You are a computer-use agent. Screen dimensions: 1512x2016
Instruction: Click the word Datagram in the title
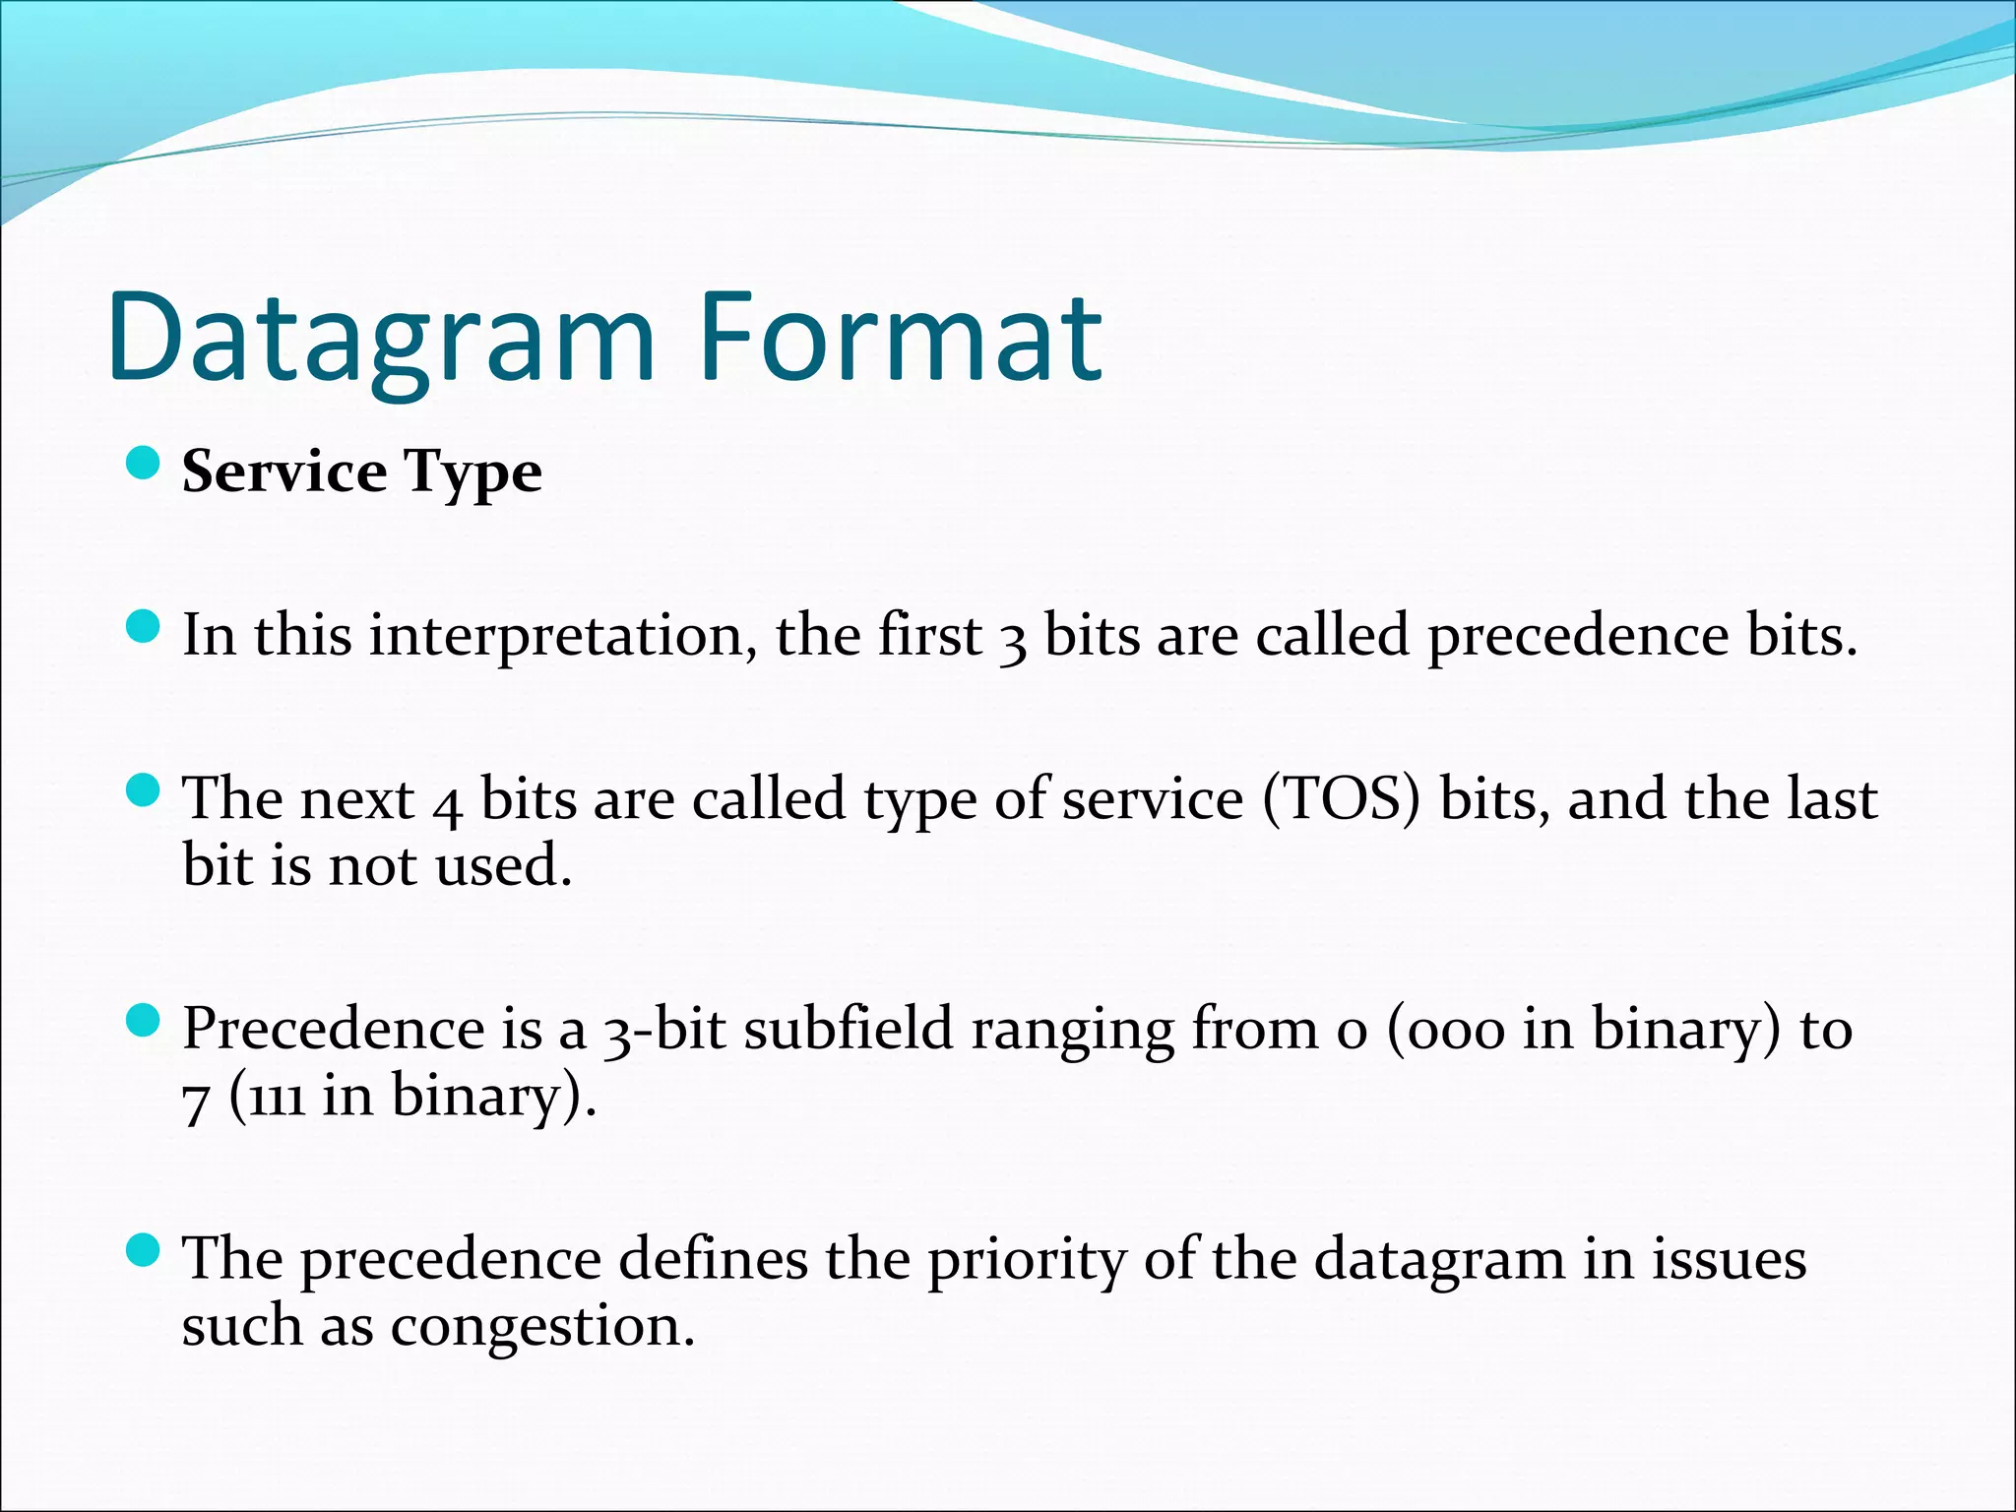tap(382, 340)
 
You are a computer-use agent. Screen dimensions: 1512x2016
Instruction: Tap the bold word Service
tap(284, 472)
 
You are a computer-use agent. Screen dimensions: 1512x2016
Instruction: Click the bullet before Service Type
tap(144, 463)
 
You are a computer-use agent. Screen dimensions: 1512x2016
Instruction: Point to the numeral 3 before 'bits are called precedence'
tap(1012, 640)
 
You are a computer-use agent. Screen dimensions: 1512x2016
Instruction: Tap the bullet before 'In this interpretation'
tap(144, 627)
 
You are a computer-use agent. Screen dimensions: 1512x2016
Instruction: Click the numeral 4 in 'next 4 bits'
tap(447, 802)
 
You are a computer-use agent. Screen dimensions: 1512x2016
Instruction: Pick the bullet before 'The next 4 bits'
tap(144, 789)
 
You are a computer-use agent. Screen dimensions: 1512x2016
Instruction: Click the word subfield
tap(849, 1029)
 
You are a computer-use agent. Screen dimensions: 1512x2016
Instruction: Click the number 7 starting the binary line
tap(195, 1101)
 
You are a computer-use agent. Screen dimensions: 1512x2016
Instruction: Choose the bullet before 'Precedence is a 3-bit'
tap(144, 1021)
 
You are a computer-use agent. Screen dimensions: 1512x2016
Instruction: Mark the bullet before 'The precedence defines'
tap(144, 1251)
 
